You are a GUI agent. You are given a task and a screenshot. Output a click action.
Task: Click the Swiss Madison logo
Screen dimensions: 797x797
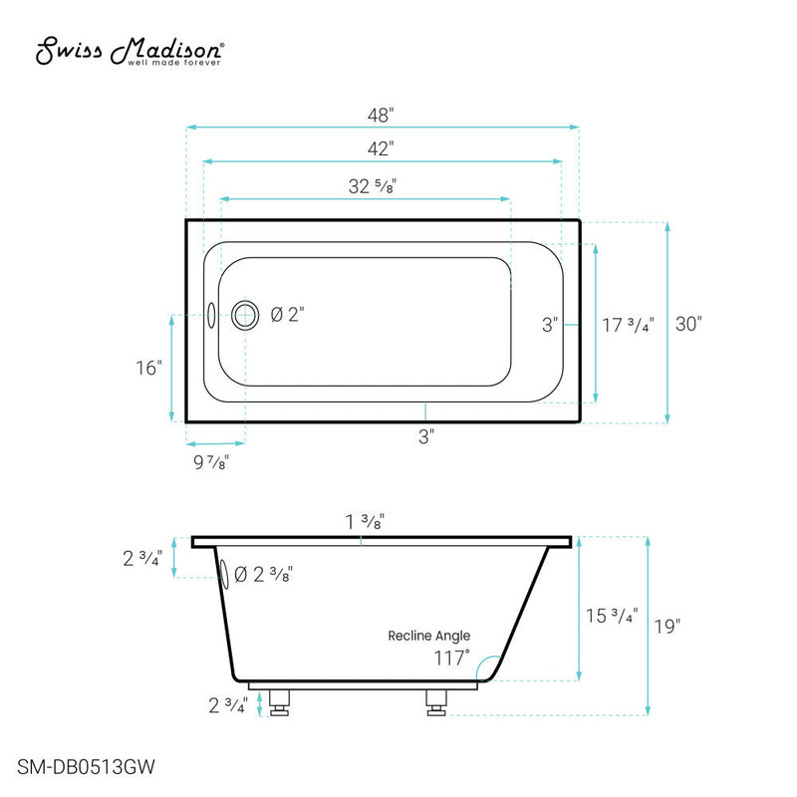point(131,52)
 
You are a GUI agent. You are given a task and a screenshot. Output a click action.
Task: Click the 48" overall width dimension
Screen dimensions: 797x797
point(381,115)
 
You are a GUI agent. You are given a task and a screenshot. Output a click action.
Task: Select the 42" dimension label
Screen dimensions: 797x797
point(381,148)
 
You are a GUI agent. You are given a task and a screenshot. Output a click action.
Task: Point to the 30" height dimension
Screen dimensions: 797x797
point(687,324)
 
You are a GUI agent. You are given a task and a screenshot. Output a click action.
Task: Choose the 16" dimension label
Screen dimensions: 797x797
point(150,368)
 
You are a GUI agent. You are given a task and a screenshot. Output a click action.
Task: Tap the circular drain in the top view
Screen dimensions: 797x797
point(245,316)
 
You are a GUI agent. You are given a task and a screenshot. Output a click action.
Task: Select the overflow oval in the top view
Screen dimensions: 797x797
point(211,316)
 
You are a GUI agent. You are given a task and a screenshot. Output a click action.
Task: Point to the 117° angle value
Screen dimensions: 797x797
point(451,659)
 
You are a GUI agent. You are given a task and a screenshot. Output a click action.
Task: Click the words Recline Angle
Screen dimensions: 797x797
point(429,636)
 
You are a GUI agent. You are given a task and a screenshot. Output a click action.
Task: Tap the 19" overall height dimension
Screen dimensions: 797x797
point(668,627)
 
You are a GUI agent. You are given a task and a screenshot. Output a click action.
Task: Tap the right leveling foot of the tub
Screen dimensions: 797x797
point(435,702)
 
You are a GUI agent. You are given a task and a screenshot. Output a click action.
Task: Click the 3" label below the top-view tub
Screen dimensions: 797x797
point(425,435)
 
